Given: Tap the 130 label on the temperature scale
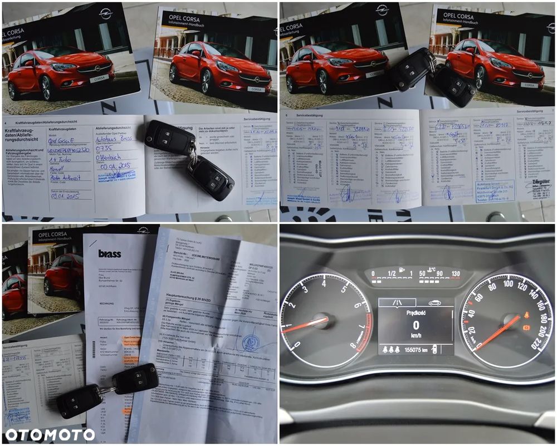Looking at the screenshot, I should [x=456, y=273].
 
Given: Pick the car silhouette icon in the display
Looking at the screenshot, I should [x=434, y=303].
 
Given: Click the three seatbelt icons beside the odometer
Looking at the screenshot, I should [x=390, y=350].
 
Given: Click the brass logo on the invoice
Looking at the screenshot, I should [x=110, y=254].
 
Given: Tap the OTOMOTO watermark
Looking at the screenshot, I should [x=50, y=434].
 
